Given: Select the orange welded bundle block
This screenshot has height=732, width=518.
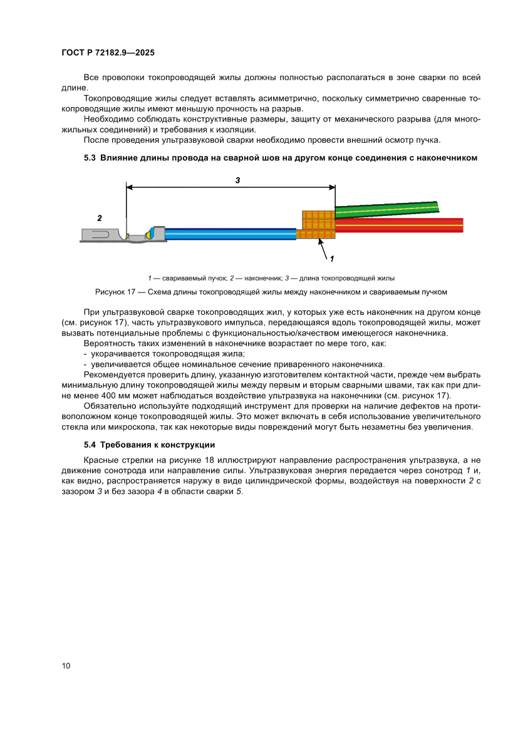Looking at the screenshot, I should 317,226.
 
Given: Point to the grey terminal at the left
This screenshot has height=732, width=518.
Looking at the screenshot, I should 103,235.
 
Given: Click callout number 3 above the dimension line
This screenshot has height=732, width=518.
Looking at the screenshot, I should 237,180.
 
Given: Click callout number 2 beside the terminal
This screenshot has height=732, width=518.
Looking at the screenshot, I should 99,219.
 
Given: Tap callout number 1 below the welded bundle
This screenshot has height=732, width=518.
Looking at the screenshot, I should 331,258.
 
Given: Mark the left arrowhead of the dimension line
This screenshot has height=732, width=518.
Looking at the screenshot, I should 130,186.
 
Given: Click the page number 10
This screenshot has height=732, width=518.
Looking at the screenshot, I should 66,666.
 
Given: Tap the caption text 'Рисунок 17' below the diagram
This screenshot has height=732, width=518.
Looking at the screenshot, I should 116,292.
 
